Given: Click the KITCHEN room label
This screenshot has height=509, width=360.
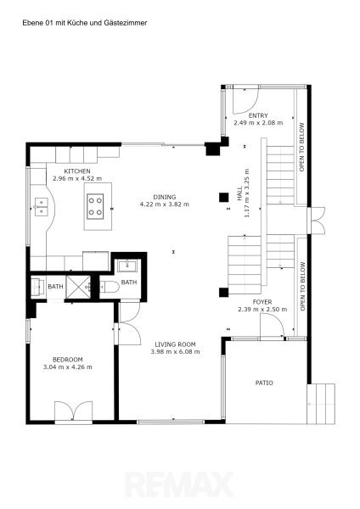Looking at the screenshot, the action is (x=77, y=171).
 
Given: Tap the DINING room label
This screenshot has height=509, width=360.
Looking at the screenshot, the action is (x=165, y=197).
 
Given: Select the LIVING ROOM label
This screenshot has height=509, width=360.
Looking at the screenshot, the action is (x=175, y=344).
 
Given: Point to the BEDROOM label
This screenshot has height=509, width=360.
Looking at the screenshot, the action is (x=68, y=360).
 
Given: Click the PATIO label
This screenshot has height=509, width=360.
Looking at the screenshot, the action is (x=264, y=383).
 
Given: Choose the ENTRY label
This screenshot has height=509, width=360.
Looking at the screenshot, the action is (x=258, y=115).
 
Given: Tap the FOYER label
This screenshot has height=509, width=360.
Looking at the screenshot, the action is (x=262, y=302).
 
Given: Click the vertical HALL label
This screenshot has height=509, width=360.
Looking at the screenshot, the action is (x=239, y=193).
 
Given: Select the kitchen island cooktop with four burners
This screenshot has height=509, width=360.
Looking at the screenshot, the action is (x=95, y=206).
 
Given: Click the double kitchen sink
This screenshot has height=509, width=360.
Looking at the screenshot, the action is (x=42, y=207).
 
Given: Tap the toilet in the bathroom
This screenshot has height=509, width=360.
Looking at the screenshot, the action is (x=110, y=287).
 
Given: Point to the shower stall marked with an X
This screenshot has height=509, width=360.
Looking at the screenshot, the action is (x=78, y=287).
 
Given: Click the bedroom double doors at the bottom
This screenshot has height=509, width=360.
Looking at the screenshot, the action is (x=73, y=412).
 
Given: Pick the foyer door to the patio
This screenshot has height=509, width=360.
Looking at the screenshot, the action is (x=273, y=327).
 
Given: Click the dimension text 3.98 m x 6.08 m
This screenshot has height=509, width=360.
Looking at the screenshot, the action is (x=175, y=351).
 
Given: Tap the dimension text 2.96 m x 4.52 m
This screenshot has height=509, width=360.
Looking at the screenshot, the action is (x=77, y=178).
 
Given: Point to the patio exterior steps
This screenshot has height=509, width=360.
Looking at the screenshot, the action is (x=321, y=404).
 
